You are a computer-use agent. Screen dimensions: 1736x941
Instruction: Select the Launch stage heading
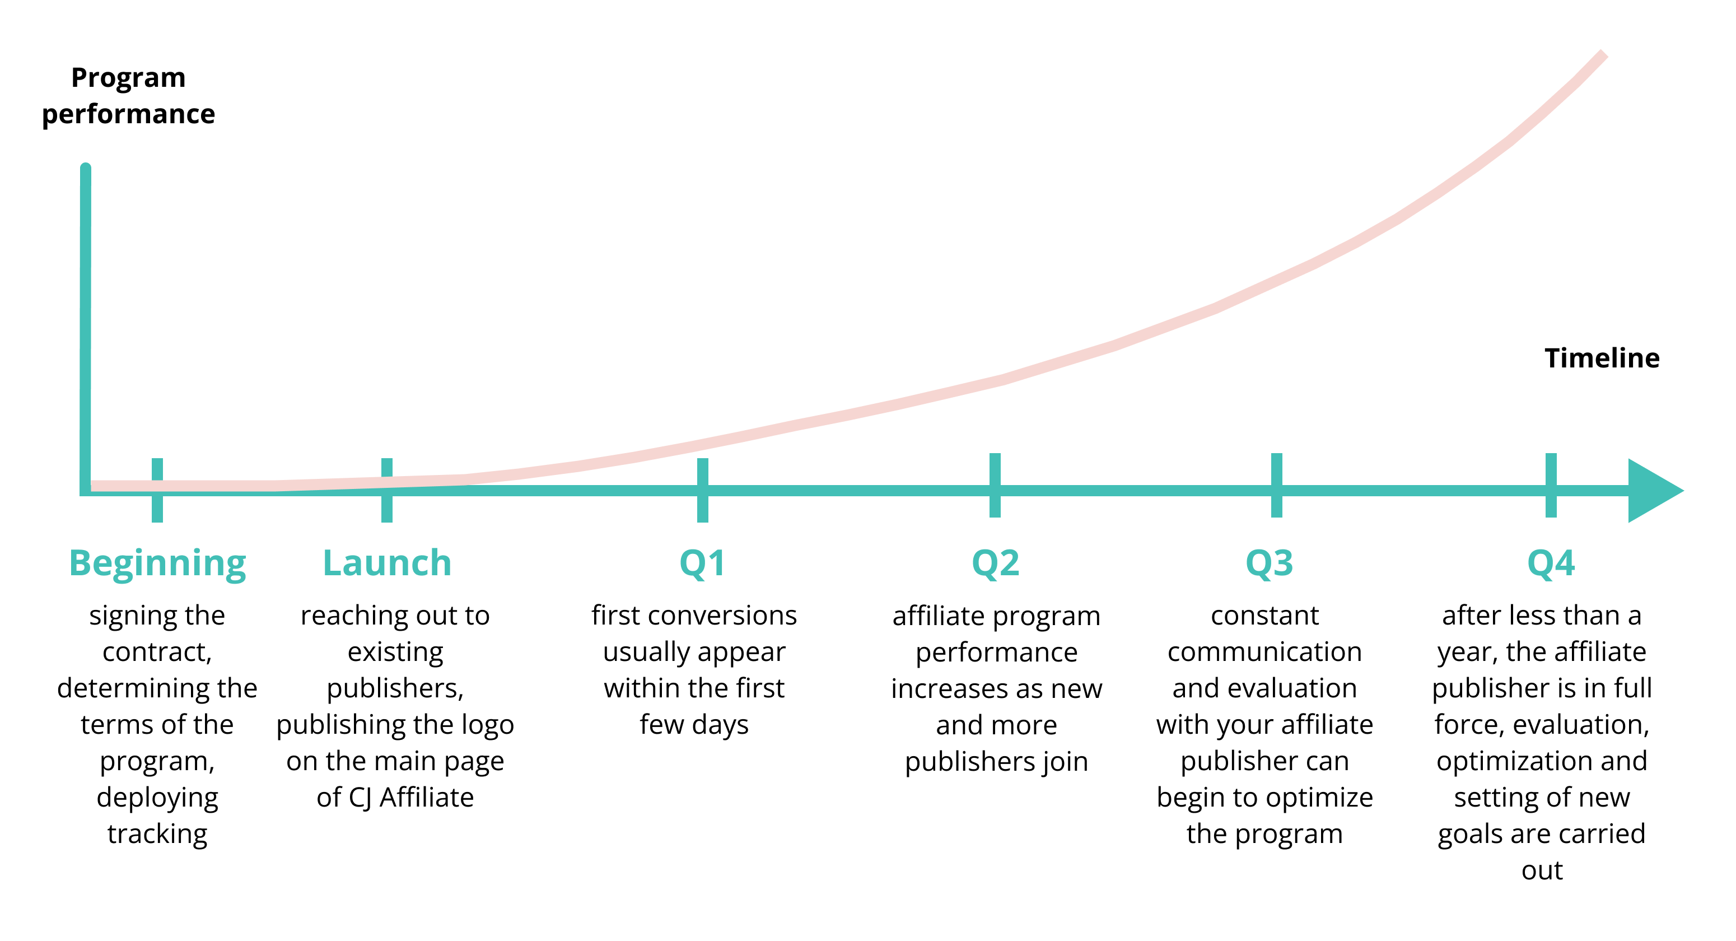pyautogui.click(x=387, y=563)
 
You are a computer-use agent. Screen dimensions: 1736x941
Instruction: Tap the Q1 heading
pyautogui.click(x=702, y=563)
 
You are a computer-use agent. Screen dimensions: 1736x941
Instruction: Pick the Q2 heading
pyautogui.click(x=995, y=563)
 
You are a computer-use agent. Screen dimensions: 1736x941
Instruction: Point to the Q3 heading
pyautogui.click(x=1270, y=563)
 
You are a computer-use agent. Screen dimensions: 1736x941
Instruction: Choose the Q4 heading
pyautogui.click(x=1551, y=563)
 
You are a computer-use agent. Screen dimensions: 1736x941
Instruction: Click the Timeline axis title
pyautogui.click(x=1602, y=358)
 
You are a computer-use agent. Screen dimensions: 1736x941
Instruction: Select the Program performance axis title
pyautogui.click(x=128, y=96)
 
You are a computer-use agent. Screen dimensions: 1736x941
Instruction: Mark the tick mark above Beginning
pyautogui.click(x=157, y=490)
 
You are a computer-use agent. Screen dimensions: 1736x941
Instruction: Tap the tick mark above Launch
pyautogui.click(x=387, y=490)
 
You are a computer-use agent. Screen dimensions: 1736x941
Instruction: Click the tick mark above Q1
pyautogui.click(x=702, y=490)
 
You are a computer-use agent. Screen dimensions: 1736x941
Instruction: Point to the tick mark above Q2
pyautogui.click(x=995, y=485)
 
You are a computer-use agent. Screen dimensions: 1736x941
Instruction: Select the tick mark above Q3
pyautogui.click(x=1276, y=485)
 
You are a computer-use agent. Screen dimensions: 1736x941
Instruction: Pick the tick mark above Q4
pyautogui.click(x=1551, y=485)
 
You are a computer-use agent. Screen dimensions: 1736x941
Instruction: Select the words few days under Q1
pyautogui.click(x=694, y=725)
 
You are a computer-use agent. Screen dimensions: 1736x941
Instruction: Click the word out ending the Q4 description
pyautogui.click(x=1542, y=871)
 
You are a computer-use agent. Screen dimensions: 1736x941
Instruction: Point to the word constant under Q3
pyautogui.click(x=1265, y=616)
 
